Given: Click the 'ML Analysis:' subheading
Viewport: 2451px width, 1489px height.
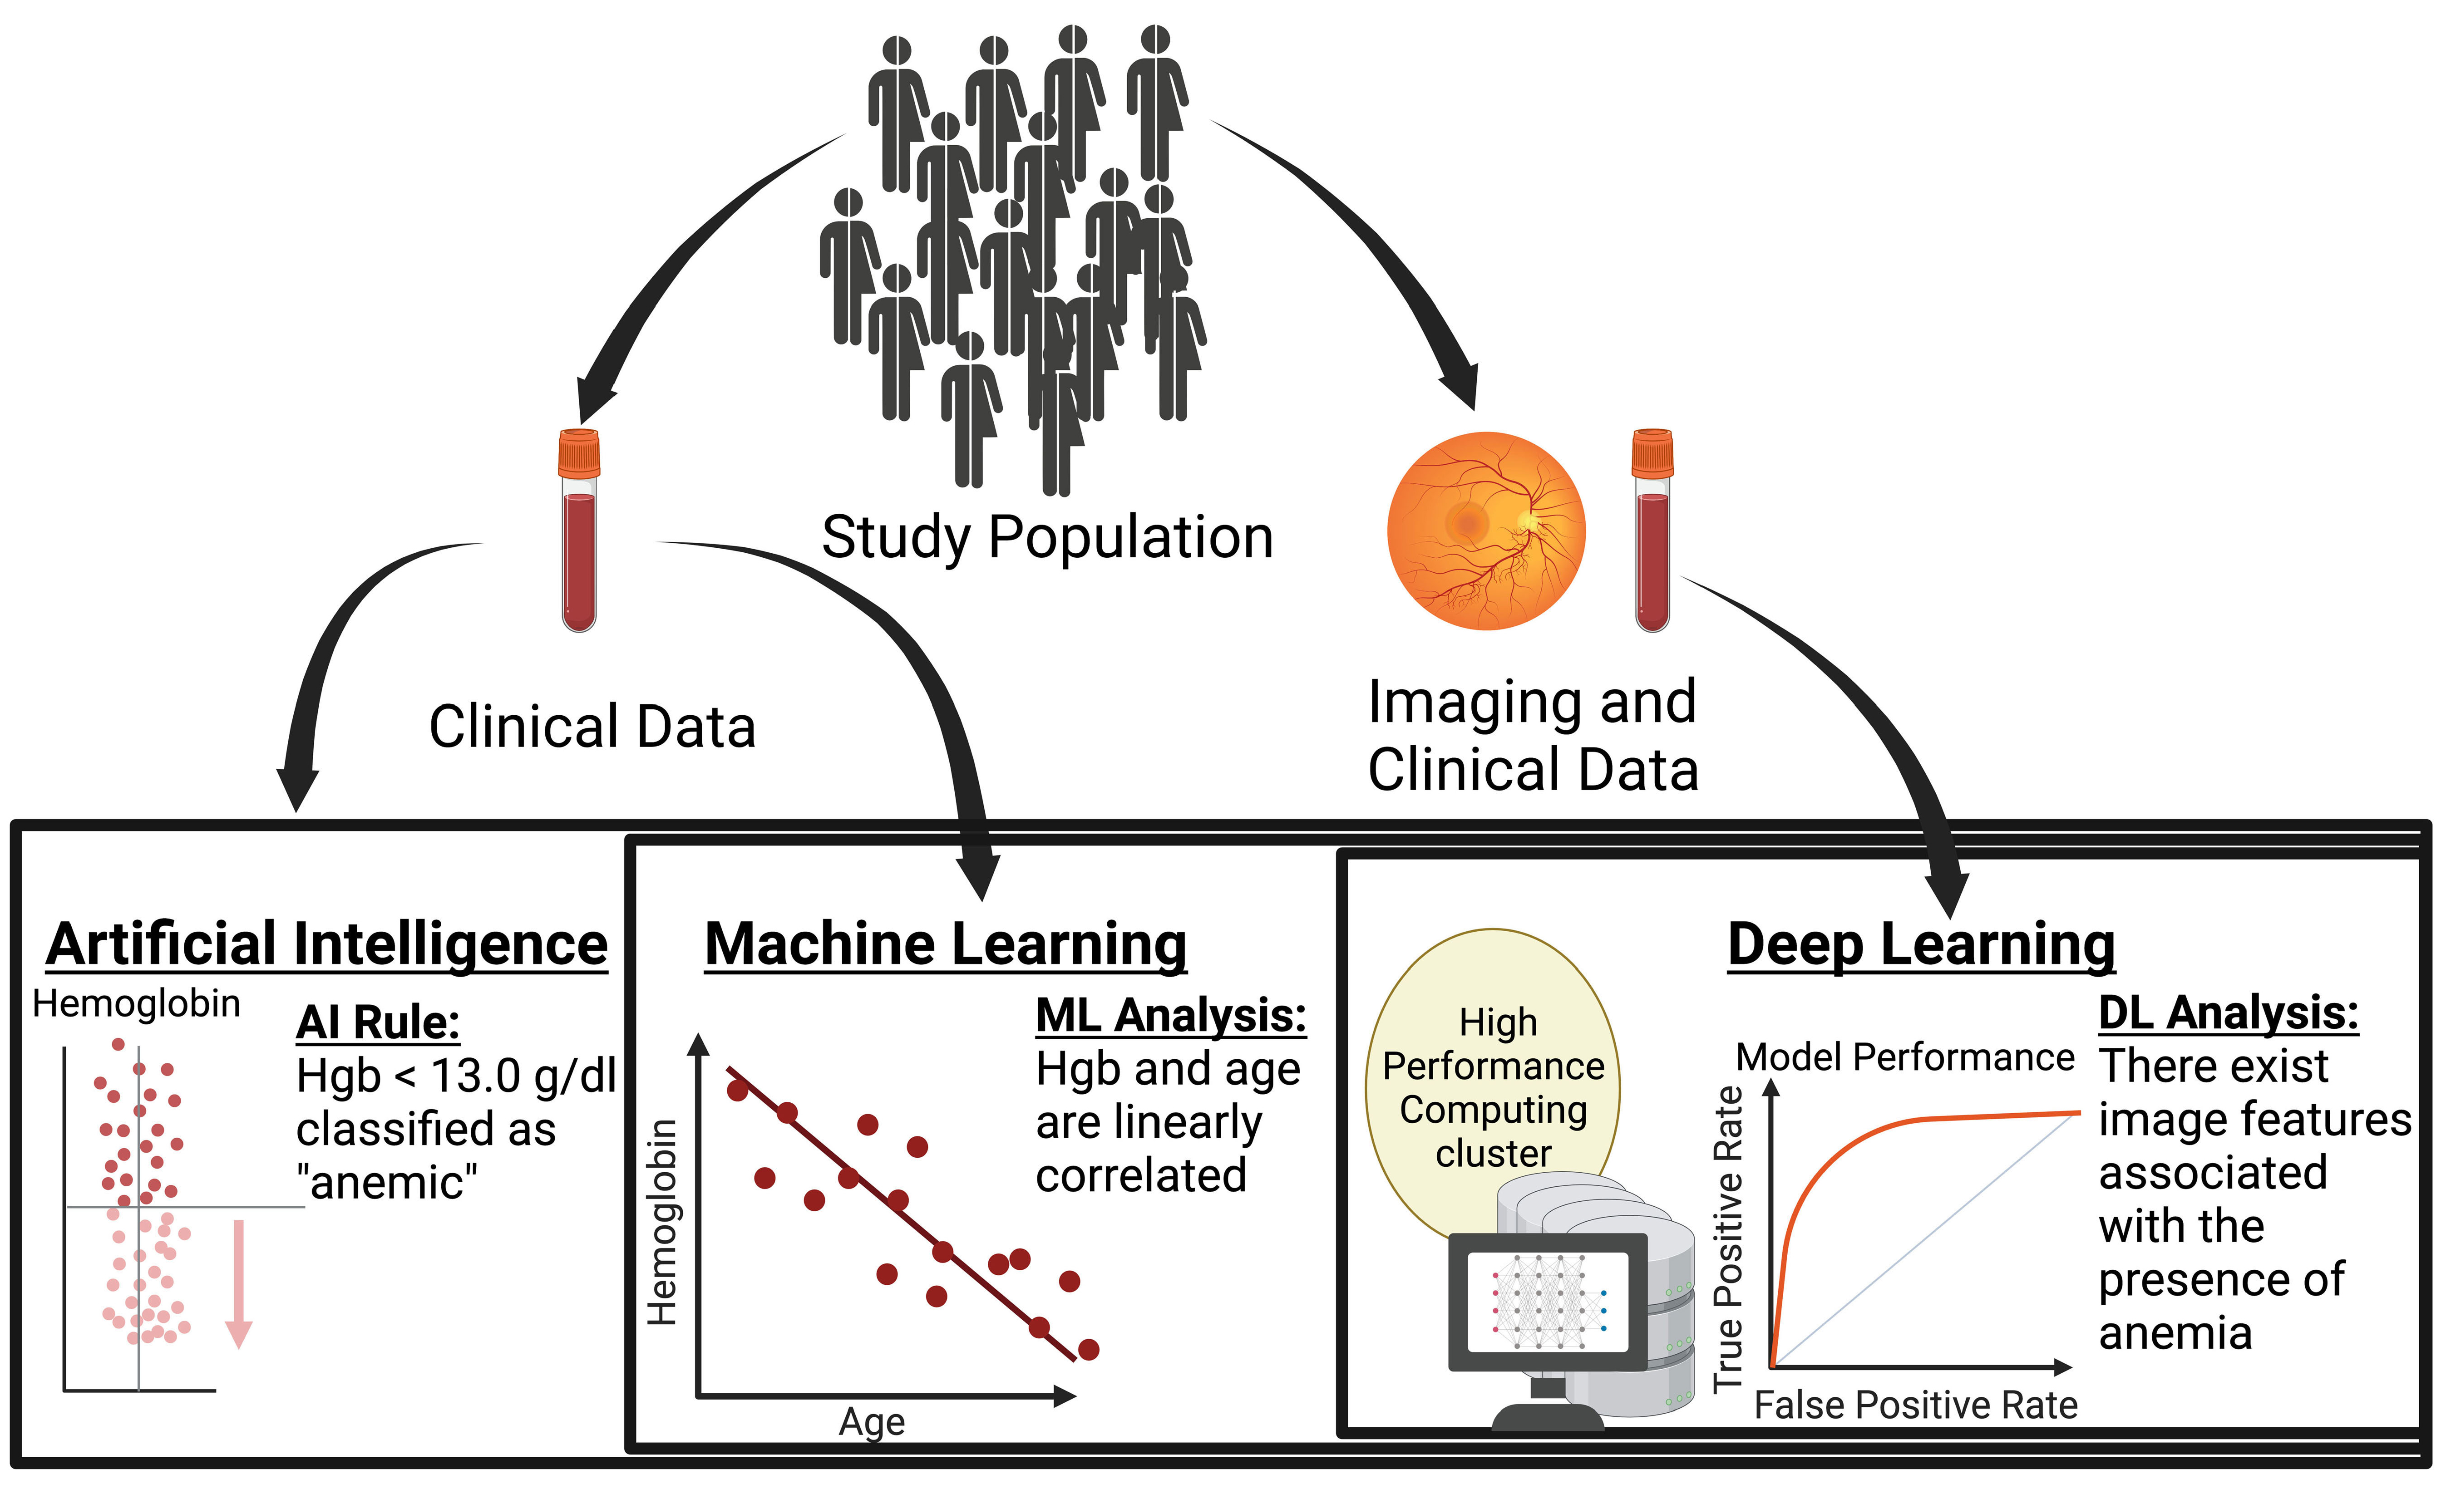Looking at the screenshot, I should tap(1171, 1016).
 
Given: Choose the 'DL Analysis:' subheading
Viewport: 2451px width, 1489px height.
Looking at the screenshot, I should tap(2228, 1013).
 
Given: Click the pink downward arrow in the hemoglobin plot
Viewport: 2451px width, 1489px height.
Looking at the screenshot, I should tap(239, 1283).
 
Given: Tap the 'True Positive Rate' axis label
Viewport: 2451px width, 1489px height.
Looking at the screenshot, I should tap(1728, 1238).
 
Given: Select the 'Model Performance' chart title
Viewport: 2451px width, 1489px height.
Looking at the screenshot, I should tap(1905, 1057).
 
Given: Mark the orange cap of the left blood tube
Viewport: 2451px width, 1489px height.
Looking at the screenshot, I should tap(579, 452).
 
